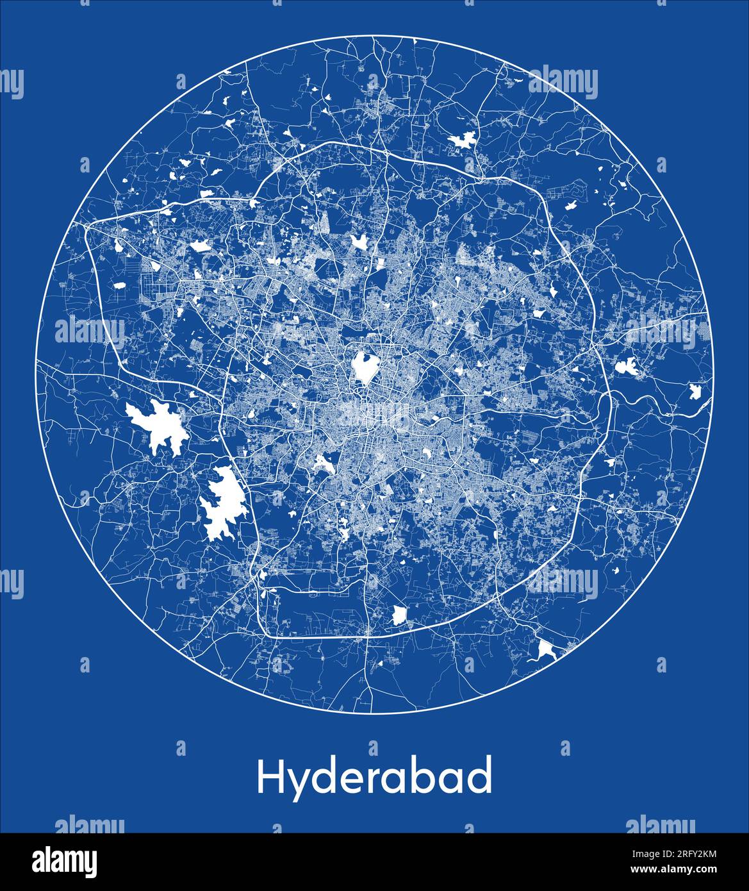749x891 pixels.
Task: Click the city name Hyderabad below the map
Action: (375, 776)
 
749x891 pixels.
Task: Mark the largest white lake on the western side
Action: (158, 427)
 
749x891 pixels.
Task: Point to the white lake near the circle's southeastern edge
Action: (547, 650)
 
